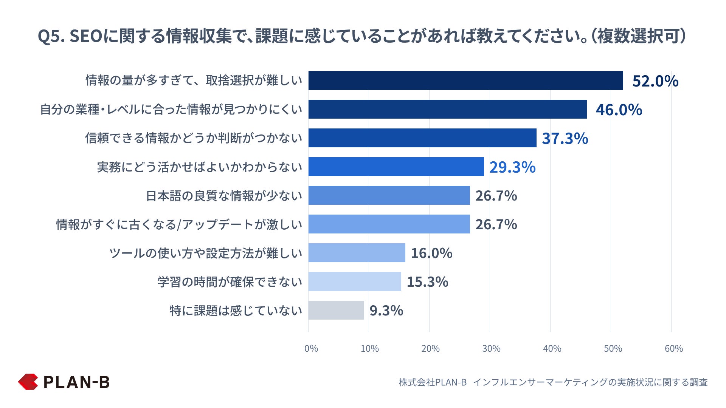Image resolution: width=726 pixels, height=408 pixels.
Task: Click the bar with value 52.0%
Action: pyautogui.click(x=465, y=80)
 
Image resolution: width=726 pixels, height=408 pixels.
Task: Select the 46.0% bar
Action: pyautogui.click(x=447, y=109)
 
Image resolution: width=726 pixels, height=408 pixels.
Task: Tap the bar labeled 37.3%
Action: pyautogui.click(x=422, y=138)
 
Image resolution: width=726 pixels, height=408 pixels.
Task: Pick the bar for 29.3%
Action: pyautogui.click(x=396, y=167)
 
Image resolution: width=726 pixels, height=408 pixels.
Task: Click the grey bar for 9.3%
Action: pyautogui.click(x=336, y=310)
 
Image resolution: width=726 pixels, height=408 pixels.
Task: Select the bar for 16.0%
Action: pyautogui.click(x=357, y=253)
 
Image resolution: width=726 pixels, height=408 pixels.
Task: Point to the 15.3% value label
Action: pyautogui.click(x=427, y=282)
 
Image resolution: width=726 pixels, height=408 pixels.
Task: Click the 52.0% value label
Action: pyautogui.click(x=655, y=81)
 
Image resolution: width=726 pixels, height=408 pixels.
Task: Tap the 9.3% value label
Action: pyautogui.click(x=386, y=311)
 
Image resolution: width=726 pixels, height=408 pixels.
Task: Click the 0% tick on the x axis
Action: pyautogui.click(x=311, y=348)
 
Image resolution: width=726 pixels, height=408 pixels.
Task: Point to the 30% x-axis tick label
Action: pyautogui.click(x=491, y=348)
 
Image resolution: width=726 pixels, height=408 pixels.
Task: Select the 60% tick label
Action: pyautogui.click(x=673, y=348)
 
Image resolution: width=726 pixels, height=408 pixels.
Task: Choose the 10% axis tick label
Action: pyautogui.click(x=369, y=348)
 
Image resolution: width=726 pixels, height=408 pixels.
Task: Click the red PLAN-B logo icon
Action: pyautogui.click(x=28, y=382)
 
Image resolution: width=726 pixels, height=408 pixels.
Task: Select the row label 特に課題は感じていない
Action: pyautogui.click(x=236, y=311)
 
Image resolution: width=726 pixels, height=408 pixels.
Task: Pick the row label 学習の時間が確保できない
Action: pyautogui.click(x=230, y=282)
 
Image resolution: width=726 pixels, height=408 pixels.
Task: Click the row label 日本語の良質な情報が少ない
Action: pyautogui.click(x=224, y=196)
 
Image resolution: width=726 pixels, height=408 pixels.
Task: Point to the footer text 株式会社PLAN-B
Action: pyautogui.click(x=433, y=382)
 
